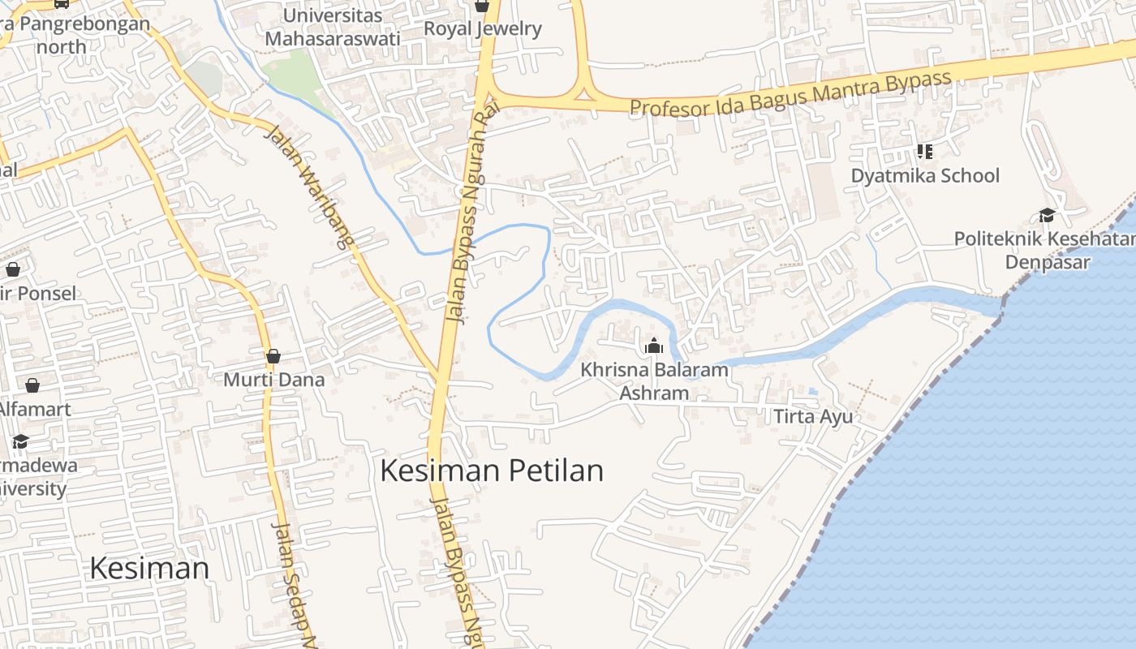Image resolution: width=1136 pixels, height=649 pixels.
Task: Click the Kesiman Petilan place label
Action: pos(492,471)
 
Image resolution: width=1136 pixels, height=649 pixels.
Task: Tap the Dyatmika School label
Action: pos(925,175)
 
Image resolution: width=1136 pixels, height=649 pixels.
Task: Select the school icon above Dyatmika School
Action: pos(924,151)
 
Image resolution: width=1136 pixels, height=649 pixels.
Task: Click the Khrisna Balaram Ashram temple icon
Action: pos(653,346)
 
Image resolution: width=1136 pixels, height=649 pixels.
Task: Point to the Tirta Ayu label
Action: pos(813,416)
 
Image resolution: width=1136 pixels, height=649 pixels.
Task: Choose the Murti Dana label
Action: pos(273,380)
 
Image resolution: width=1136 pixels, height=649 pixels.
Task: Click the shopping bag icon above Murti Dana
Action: pos(273,356)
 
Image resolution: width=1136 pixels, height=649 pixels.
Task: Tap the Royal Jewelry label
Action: pos(482,29)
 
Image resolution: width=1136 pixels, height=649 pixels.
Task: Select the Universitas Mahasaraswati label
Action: pos(332,27)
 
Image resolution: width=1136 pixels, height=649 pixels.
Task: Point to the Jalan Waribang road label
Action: pos(309,186)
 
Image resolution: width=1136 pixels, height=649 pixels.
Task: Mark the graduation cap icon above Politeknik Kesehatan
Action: pos(1047,215)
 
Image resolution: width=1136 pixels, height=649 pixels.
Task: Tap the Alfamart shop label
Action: pos(34,409)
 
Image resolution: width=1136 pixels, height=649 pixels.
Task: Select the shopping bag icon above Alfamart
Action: pos(32,385)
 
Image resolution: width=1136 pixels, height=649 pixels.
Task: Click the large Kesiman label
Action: pos(149,568)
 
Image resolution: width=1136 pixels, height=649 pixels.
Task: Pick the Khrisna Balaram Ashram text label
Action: pos(654,381)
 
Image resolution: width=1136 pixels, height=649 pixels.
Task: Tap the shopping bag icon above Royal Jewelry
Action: pos(482,6)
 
